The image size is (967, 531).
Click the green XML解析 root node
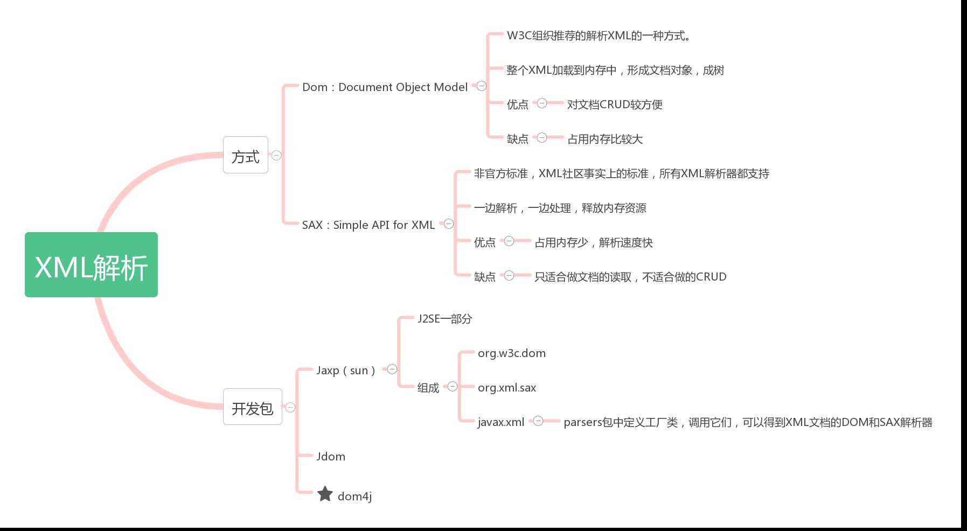(91, 264)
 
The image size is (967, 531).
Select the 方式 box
(246, 155)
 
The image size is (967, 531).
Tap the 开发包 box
(253, 407)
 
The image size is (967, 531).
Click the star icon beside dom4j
(325, 494)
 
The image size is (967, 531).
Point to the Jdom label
(331, 457)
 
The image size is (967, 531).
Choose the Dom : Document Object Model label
(385, 87)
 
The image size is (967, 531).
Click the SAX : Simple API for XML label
(368, 225)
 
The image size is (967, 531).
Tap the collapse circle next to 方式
(276, 155)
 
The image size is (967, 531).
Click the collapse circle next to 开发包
(290, 407)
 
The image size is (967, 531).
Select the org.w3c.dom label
(512, 353)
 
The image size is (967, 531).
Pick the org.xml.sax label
(507, 388)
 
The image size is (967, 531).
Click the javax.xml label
(501, 422)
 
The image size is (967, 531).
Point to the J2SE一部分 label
(445, 319)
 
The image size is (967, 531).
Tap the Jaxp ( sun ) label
(346, 371)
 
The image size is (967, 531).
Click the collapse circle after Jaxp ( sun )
(392, 369)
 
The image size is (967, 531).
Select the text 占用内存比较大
(605, 139)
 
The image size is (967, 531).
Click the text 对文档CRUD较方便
(615, 104)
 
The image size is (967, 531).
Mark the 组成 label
(428, 388)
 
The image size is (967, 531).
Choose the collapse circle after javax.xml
(538, 421)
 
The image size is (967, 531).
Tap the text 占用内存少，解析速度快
(594, 242)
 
